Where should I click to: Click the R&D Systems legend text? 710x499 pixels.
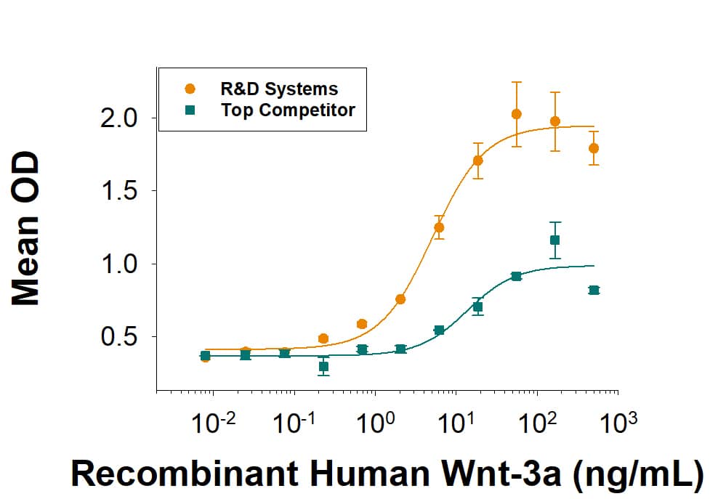[x=279, y=89]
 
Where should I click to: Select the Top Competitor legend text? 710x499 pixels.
[x=288, y=110]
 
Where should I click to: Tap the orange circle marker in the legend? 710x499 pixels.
[x=190, y=89]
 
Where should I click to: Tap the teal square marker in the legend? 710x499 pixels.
[x=190, y=110]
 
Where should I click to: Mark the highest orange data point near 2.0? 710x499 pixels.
[x=517, y=114]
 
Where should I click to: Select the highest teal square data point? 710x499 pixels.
[x=555, y=240]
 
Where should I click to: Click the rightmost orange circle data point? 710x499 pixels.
[x=594, y=148]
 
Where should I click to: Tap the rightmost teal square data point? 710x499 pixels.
[x=594, y=290]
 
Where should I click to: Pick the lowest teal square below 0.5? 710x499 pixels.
[x=323, y=367]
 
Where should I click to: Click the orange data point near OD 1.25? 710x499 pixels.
[x=439, y=227]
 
